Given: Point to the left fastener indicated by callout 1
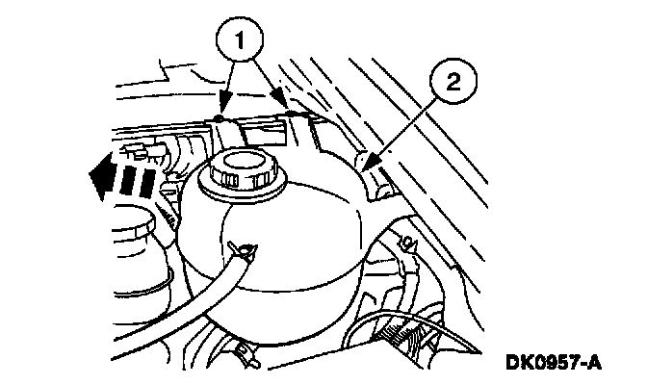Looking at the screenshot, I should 220,118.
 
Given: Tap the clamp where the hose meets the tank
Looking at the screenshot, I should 246,253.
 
